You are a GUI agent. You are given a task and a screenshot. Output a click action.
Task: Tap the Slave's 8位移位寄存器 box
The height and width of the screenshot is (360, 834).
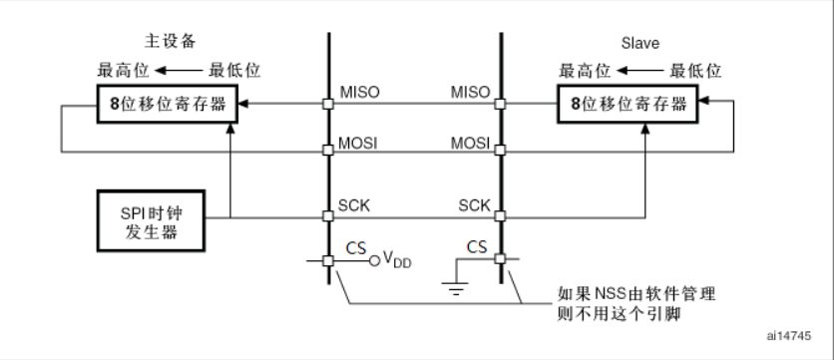(x=632, y=103)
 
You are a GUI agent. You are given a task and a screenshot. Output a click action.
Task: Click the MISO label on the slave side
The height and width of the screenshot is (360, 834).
(x=470, y=92)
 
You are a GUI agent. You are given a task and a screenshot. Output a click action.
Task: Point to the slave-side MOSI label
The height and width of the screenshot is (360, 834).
(x=470, y=142)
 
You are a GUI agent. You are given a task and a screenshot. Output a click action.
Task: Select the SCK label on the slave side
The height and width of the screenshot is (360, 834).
(x=472, y=205)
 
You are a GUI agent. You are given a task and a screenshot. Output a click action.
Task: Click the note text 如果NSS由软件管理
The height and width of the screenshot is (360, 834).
(x=625, y=295)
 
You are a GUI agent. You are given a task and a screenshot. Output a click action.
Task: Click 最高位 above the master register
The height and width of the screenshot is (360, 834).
(x=119, y=70)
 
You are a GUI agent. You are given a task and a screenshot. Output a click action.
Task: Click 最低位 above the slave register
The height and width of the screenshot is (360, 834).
(x=695, y=70)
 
